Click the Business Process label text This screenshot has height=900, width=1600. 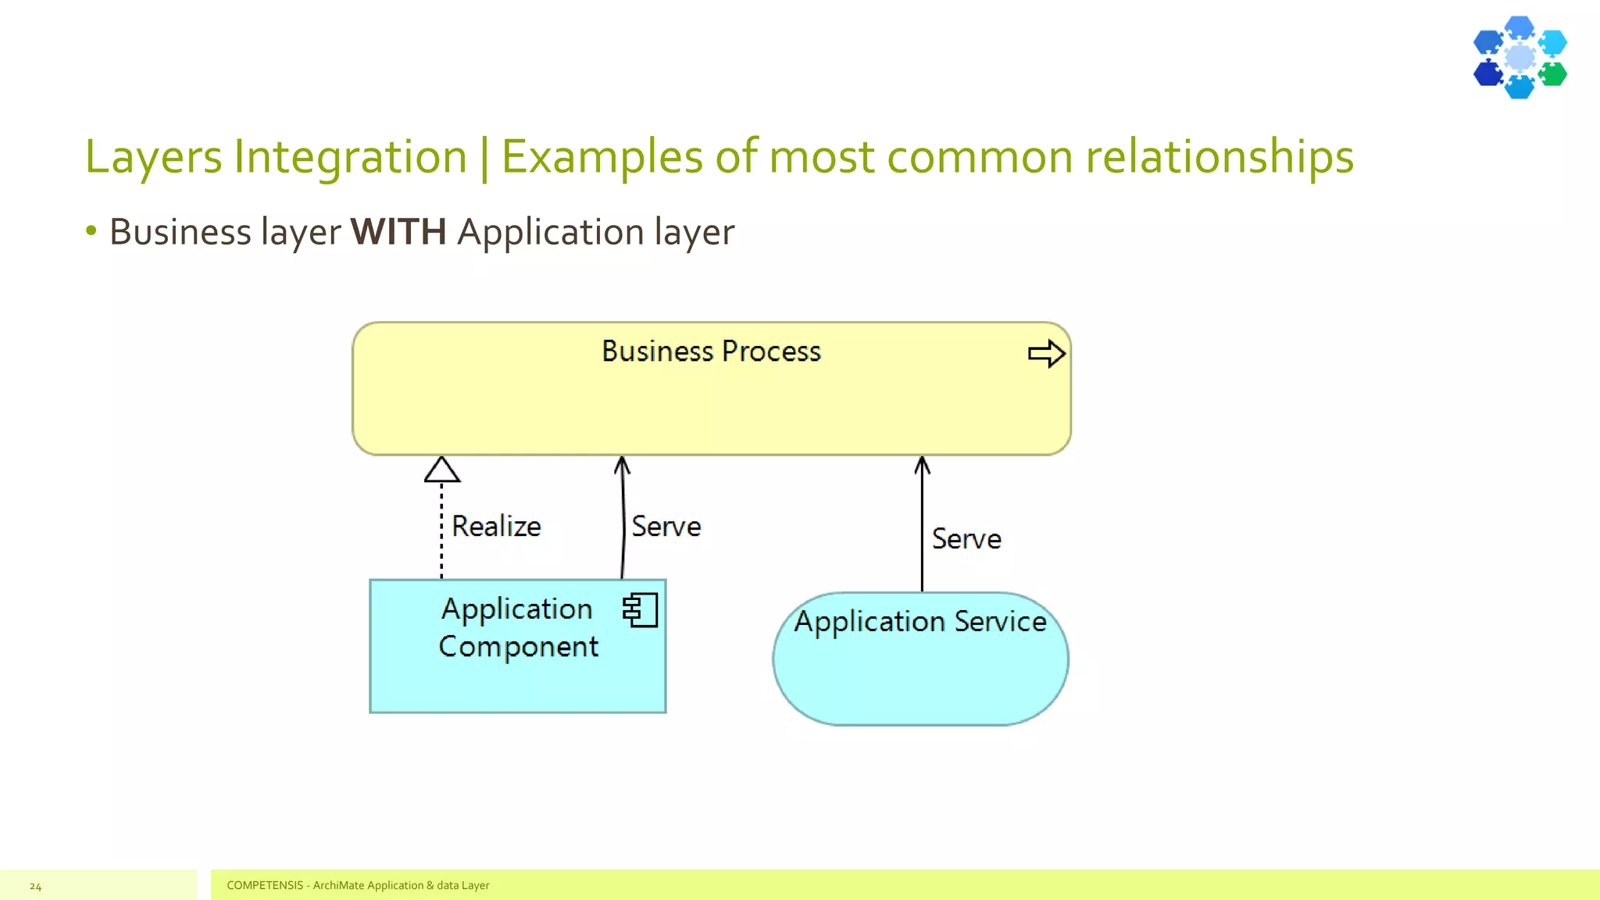point(711,352)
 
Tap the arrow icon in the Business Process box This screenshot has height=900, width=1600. point(1046,354)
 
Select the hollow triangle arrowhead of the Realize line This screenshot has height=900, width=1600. point(441,470)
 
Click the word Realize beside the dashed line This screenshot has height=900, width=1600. point(496,527)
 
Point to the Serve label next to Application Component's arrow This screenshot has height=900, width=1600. point(666,527)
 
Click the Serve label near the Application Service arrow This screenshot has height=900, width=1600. point(966,539)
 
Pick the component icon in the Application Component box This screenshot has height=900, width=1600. point(640,610)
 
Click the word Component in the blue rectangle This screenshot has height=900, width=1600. point(518,647)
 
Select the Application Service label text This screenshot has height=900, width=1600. point(920,622)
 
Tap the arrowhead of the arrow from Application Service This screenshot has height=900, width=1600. point(922,466)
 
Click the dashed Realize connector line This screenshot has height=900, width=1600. point(441,531)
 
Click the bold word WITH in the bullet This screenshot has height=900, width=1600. point(398,232)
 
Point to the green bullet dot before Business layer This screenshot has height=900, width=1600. point(91,230)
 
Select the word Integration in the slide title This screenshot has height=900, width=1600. point(350,156)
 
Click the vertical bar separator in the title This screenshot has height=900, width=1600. point(484,158)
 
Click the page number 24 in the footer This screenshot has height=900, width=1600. point(35,886)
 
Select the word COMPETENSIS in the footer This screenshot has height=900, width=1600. point(264,885)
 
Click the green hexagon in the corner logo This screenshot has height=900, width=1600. point(1552,75)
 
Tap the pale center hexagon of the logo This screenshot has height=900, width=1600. point(1520,57)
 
